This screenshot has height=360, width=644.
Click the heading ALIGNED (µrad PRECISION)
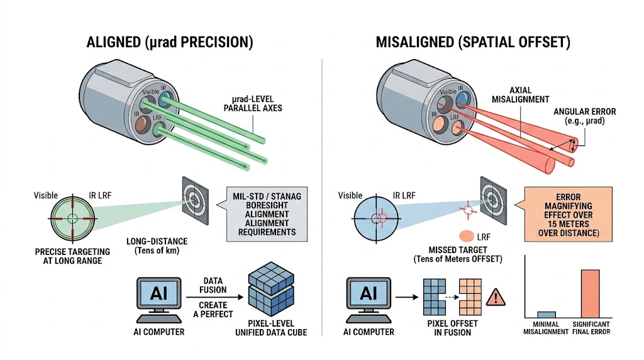[169, 43]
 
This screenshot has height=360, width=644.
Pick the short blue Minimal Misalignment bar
[546, 313]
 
